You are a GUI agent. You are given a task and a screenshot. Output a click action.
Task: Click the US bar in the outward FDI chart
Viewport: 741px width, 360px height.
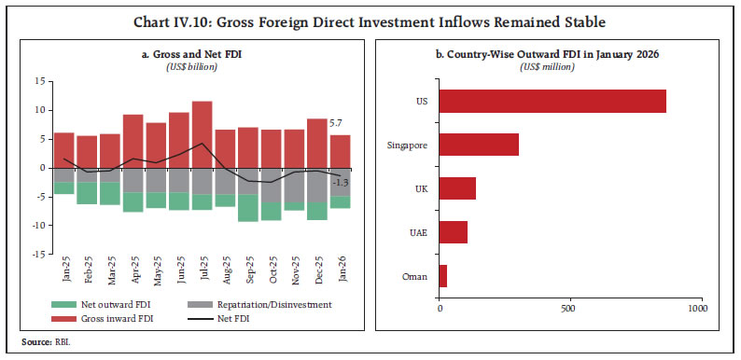point(552,101)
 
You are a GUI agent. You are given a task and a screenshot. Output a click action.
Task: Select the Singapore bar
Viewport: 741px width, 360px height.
point(478,144)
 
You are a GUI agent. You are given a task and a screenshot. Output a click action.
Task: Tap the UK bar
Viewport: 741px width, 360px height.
point(456,187)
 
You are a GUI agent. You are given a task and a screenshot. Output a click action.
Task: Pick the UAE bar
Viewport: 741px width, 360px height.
point(453,231)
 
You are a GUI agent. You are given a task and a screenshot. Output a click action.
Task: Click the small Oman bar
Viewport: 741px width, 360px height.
point(442,275)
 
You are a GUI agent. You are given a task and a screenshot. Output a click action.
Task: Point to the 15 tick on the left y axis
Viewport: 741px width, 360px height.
point(40,82)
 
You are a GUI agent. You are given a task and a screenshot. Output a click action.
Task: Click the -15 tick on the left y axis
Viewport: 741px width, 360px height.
point(37,254)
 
